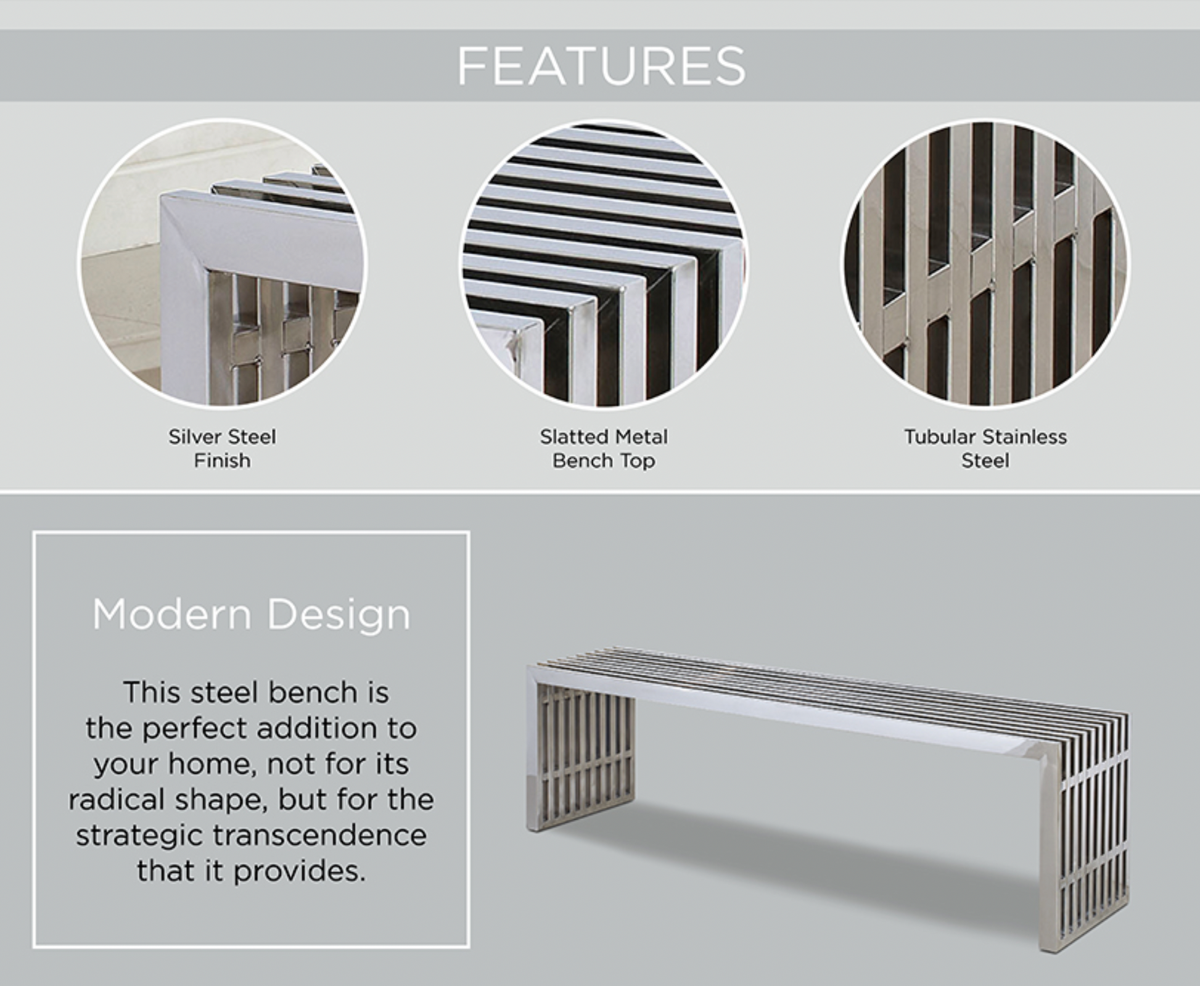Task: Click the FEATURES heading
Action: pos(601,66)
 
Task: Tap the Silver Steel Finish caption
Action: pos(222,448)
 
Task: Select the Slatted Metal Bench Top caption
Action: pos(604,448)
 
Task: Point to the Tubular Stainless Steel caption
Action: pos(985,448)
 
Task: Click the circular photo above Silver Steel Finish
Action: pos(223,263)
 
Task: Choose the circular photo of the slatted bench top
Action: pos(604,263)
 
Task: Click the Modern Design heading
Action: pos(251,614)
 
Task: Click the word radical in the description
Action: pos(117,800)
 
